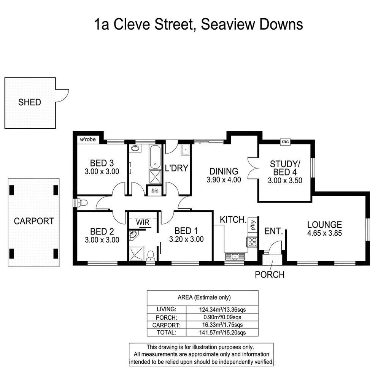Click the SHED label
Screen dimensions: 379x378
29,102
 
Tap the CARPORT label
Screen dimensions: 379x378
34,221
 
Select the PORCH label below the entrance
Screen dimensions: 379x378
270,274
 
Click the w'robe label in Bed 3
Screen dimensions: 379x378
87,140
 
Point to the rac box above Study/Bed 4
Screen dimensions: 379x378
285,142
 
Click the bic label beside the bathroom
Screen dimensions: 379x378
155,190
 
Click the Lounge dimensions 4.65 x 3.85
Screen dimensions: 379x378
324,233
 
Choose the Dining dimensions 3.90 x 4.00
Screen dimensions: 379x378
224,180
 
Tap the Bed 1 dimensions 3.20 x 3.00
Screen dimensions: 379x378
186,239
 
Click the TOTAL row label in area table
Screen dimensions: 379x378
166,332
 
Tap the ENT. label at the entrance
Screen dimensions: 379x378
273,231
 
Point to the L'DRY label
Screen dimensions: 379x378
176,168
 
